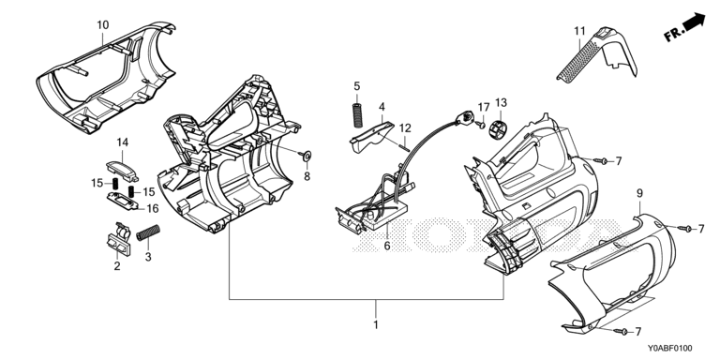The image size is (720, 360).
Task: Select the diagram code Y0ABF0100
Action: click(670, 349)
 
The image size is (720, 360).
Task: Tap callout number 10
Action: click(103, 24)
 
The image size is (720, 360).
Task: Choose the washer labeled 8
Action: click(307, 156)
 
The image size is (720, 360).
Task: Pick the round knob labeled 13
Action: click(500, 128)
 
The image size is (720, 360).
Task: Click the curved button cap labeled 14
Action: click(122, 170)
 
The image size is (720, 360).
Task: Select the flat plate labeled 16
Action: click(123, 201)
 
